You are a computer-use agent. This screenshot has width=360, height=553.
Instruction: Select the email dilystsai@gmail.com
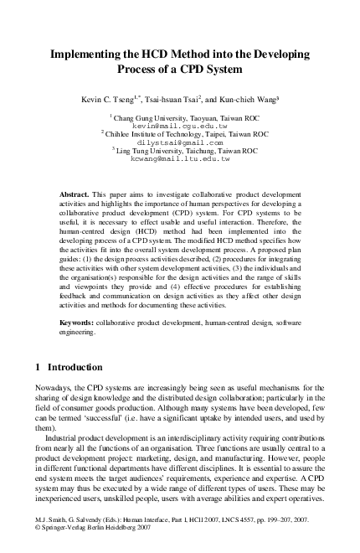[x=180, y=142]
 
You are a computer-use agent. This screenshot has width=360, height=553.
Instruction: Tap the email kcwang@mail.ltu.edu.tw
[x=180, y=158]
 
